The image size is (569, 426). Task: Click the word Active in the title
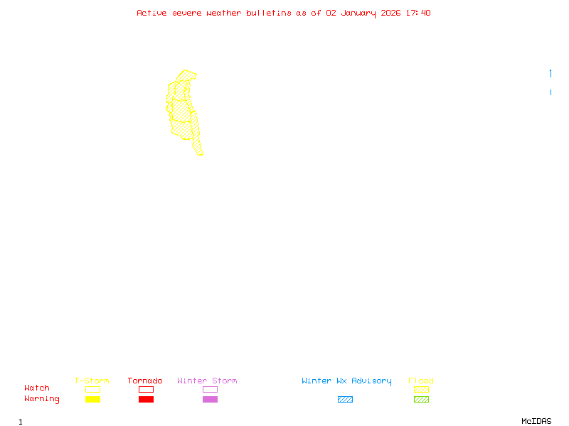tap(152, 13)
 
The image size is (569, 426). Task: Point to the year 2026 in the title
tap(390, 13)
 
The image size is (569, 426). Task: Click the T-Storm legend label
tap(92, 381)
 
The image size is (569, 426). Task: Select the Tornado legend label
tap(145, 381)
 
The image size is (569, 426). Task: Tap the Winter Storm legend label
tap(207, 381)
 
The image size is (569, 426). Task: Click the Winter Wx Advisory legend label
tap(346, 381)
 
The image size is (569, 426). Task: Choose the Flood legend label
tap(421, 381)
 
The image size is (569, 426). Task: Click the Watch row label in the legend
tap(37, 388)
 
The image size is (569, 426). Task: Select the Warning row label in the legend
tap(42, 399)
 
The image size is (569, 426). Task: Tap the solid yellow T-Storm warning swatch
tap(92, 400)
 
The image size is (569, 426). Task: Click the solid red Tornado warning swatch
tap(146, 400)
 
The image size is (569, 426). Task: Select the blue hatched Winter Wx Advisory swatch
tap(345, 400)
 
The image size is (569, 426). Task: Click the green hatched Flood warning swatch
tap(421, 400)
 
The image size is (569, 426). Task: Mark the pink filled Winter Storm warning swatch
tap(210, 400)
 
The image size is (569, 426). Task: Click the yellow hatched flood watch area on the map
tap(182, 114)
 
